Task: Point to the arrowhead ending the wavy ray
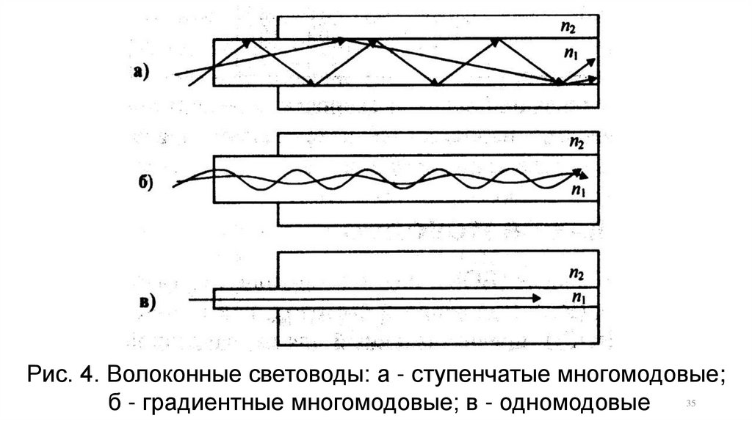pyautogui.click(x=582, y=174)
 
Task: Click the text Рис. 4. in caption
pyautogui.click(x=61, y=375)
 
